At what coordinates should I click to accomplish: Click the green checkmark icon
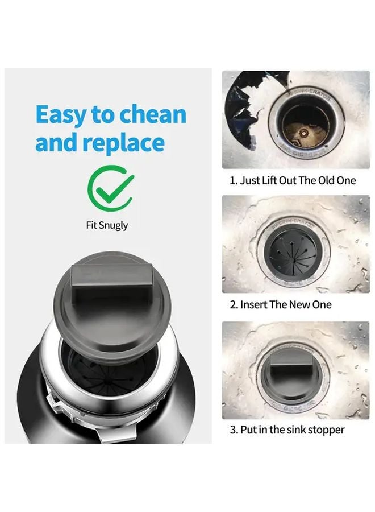click(111, 187)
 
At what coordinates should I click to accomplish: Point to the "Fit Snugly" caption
click(107, 225)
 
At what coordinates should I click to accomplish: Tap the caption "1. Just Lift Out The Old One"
click(293, 180)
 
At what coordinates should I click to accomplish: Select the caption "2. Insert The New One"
click(280, 304)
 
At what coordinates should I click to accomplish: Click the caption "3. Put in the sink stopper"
click(287, 430)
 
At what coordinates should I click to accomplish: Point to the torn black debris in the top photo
click(241, 108)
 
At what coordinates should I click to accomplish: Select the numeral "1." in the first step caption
click(233, 180)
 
